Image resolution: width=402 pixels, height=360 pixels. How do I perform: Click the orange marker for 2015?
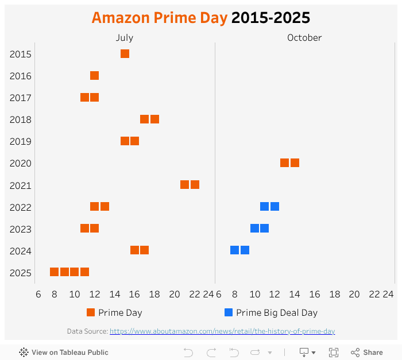pyautogui.click(x=125, y=54)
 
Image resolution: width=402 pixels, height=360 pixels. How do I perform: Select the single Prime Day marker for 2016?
pyautogui.click(x=95, y=76)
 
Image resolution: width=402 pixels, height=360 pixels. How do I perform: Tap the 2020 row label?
pyautogui.click(x=20, y=164)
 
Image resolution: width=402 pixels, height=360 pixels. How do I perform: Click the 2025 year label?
pyautogui.click(x=20, y=273)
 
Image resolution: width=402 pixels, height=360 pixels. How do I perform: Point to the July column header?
pyautogui.click(x=125, y=38)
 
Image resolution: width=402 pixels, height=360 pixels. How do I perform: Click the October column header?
pyautogui.click(x=304, y=38)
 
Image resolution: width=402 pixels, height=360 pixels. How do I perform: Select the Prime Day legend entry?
pyautogui.click(x=115, y=313)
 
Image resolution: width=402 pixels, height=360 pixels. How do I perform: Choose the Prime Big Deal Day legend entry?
pyautogui.click(x=271, y=313)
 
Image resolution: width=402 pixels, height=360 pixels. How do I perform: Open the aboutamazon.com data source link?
pyautogui.click(x=222, y=331)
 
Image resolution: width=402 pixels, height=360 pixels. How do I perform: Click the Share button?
pyautogui.click(x=367, y=353)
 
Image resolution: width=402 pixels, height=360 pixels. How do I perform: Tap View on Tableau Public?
pyautogui.click(x=64, y=353)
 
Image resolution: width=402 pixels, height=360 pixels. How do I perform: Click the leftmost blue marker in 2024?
pyautogui.click(x=235, y=250)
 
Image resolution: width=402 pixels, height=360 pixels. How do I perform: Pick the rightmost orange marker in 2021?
pyautogui.click(x=195, y=185)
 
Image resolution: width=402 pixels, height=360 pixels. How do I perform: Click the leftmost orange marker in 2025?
pyautogui.click(x=55, y=272)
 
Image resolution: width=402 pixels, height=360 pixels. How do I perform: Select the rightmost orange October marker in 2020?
pyautogui.click(x=295, y=163)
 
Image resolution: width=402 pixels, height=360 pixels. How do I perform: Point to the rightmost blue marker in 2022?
pyautogui.click(x=275, y=207)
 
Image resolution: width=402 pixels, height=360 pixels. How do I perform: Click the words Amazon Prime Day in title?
pyautogui.click(x=159, y=18)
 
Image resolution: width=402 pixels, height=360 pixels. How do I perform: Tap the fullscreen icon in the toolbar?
pyautogui.click(x=334, y=353)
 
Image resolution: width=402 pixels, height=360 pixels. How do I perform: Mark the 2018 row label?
pyautogui.click(x=20, y=120)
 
